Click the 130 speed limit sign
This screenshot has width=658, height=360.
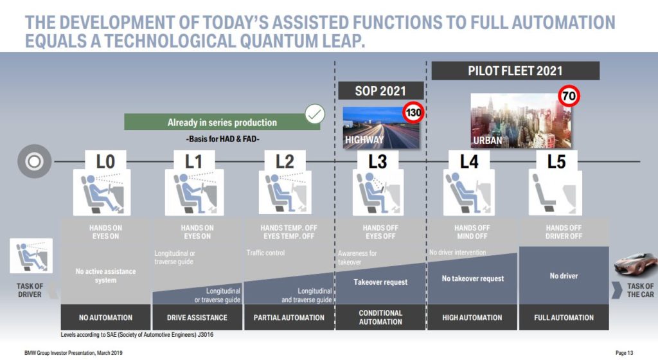[413, 112]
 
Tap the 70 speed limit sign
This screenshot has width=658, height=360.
[569, 96]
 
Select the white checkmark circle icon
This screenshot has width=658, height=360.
[315, 114]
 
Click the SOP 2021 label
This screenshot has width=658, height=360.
[380, 91]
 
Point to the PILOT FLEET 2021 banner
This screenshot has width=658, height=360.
[515, 71]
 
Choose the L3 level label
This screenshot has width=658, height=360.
[378, 161]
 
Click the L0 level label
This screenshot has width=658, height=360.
[105, 161]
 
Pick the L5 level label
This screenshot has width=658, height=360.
[556, 161]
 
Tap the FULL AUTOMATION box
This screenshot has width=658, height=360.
[564, 317]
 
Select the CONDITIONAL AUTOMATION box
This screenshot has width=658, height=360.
[380, 317]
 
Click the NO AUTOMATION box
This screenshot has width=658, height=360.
[105, 317]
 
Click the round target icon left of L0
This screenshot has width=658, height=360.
[35, 161]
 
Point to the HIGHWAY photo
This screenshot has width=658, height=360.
[380, 127]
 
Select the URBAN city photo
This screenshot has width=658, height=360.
[520, 120]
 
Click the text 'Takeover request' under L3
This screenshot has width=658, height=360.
[380, 282]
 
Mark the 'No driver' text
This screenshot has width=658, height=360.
[564, 276]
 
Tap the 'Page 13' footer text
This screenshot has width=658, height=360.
[624, 353]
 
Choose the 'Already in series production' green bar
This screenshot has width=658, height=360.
[222, 122]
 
